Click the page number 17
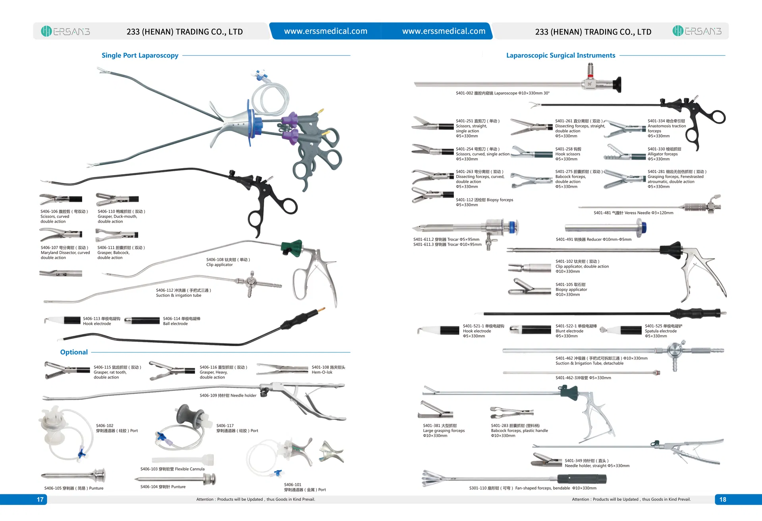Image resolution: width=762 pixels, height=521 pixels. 40,500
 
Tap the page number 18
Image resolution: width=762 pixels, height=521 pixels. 723,500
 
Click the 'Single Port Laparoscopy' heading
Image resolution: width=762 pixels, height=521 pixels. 140,55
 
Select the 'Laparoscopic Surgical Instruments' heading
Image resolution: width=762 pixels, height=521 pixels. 560,55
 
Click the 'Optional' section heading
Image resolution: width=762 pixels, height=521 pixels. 74,352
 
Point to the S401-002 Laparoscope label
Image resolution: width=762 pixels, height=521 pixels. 502,93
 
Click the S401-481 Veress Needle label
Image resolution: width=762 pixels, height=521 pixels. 633,213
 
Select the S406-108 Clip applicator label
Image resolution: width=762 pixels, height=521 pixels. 228,262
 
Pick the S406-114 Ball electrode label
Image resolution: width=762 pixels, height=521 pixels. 181,321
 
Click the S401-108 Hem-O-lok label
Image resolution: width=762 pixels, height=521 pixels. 328,370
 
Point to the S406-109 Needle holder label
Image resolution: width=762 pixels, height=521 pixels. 228,396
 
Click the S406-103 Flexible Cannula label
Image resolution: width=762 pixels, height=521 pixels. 172,469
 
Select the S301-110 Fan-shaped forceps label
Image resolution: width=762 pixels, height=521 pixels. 532,488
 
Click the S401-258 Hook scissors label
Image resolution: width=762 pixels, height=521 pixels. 568,154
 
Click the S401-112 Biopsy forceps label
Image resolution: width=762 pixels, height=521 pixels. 484,202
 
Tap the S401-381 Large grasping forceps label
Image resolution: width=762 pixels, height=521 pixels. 443,431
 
